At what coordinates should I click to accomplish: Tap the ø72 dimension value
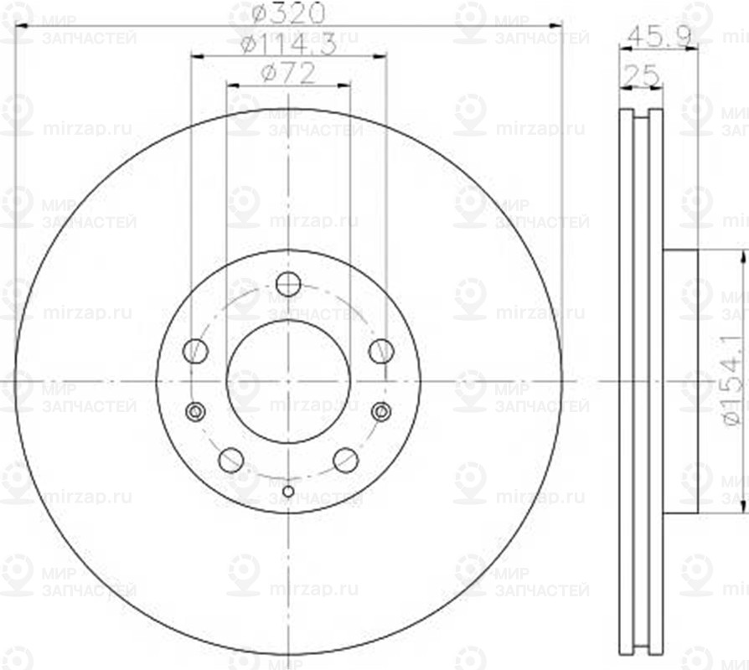(287, 74)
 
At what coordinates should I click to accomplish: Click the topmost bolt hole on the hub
(288, 285)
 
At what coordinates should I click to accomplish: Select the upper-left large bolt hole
(195, 351)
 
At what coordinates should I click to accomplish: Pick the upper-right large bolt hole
(381, 351)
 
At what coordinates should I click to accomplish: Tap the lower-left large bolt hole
(230, 460)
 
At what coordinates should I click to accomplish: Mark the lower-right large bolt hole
(346, 460)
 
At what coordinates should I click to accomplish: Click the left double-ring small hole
(195, 411)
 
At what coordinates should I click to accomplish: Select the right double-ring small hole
(381, 411)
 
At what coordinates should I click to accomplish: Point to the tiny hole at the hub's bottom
(288, 491)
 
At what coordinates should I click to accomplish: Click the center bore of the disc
(288, 381)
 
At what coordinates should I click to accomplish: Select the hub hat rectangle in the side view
(680, 381)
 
